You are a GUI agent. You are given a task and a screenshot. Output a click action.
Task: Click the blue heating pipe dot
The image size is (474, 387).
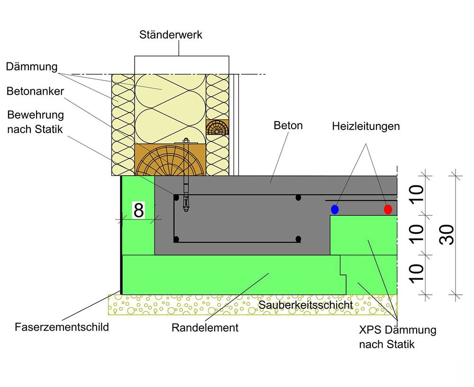[335, 209]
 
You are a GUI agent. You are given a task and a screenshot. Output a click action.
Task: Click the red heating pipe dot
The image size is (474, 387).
[388, 209]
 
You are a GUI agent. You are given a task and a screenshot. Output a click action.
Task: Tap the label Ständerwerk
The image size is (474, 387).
[171, 35]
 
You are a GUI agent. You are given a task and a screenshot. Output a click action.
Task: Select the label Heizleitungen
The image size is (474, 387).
[365, 126]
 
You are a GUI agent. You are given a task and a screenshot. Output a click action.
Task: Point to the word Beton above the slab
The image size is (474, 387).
[288, 125]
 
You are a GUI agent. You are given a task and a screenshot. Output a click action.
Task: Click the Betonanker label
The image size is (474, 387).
[35, 91]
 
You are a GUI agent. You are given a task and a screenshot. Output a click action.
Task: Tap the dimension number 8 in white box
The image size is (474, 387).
[138, 211]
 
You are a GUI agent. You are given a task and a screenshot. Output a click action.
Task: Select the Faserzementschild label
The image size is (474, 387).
[62, 327]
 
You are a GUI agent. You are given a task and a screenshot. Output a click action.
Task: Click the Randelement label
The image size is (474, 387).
[205, 327]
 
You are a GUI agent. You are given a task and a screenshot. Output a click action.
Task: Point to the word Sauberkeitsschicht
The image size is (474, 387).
[306, 305]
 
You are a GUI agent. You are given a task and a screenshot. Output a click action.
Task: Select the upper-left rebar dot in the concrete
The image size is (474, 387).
[176, 197]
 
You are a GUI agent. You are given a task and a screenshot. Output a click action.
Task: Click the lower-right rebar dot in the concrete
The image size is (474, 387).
[298, 239]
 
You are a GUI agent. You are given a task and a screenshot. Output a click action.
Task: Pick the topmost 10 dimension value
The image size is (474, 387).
[416, 194]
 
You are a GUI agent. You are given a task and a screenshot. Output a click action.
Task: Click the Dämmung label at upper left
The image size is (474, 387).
[31, 67]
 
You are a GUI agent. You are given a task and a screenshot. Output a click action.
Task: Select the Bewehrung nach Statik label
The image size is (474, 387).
[35, 122]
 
